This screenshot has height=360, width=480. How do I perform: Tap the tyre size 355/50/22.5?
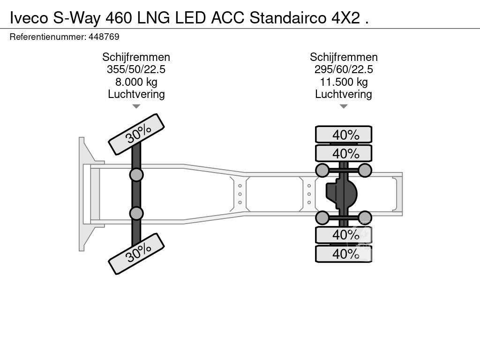(136, 69)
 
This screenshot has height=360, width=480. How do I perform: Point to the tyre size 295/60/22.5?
(344, 69)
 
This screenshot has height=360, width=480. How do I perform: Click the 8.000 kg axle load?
(136, 82)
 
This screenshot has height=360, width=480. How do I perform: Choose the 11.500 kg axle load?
(344, 82)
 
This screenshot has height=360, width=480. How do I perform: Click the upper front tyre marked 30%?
(136, 134)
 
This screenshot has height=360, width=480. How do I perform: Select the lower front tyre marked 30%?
(136, 255)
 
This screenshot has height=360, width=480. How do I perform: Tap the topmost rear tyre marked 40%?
(344, 135)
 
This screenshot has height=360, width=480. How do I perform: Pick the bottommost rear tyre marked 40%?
(344, 254)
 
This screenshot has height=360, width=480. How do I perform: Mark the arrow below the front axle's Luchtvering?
(136, 106)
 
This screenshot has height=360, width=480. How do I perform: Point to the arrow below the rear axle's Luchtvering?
(344, 106)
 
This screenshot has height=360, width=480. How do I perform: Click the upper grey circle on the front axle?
(136, 175)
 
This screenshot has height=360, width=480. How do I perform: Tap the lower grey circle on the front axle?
(136, 213)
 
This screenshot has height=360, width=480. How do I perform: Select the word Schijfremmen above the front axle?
(136, 57)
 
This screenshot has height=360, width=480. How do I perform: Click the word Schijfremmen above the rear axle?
(344, 57)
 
